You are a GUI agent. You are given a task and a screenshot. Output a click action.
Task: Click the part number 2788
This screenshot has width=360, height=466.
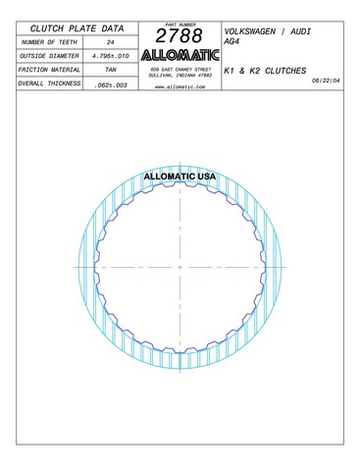tap(179, 35)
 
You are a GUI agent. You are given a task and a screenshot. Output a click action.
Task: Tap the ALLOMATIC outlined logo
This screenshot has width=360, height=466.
tap(180, 55)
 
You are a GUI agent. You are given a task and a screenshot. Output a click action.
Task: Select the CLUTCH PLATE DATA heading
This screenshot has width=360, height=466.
tap(77, 28)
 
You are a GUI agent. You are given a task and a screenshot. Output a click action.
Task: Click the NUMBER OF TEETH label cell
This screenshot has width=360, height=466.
tap(49, 42)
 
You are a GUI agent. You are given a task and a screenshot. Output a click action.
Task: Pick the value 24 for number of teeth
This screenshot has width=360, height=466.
tap(111, 42)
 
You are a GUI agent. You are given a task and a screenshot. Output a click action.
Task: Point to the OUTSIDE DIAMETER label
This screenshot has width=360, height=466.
tap(49, 56)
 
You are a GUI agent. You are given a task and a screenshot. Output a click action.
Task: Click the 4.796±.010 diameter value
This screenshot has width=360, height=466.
tap(111, 56)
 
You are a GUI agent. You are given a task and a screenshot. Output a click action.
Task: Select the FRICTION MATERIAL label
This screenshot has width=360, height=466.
tap(49, 70)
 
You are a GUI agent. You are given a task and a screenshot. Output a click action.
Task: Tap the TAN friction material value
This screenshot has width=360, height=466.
tap(111, 70)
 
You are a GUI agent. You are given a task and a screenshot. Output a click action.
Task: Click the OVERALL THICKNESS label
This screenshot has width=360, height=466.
tap(49, 83)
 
